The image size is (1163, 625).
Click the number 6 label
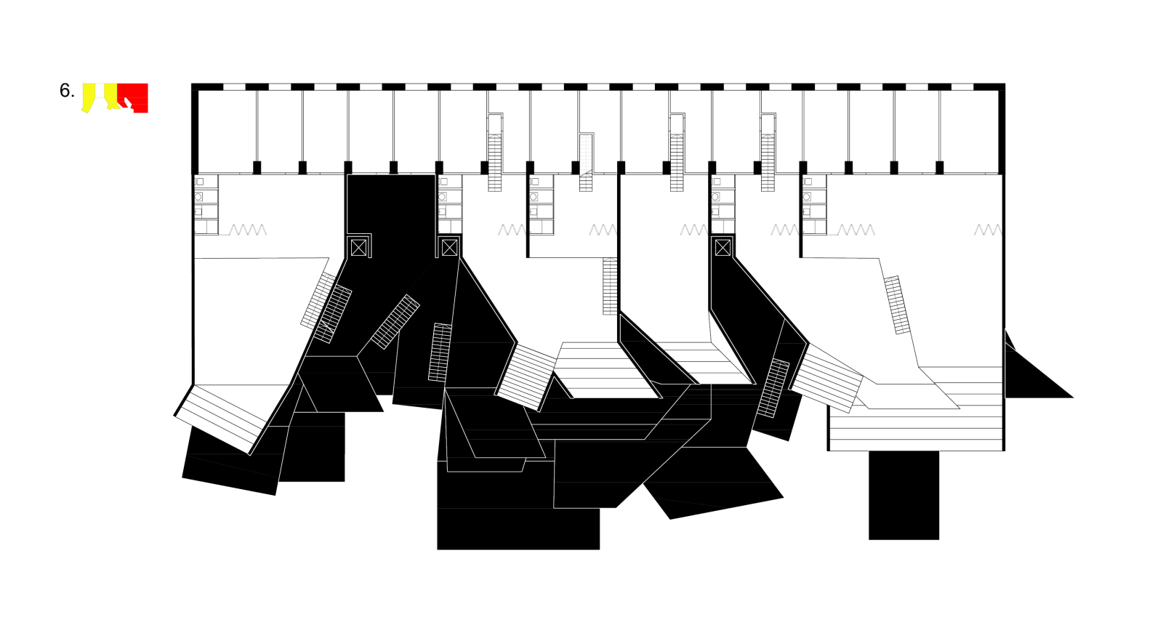pos(66,91)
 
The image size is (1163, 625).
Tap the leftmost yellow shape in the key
pos(89,97)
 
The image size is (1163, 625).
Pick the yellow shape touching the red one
pos(110,95)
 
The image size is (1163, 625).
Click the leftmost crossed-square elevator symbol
pos(358,248)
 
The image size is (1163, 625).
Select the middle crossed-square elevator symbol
pos(449,248)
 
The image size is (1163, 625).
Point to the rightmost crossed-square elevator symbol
pos(723,248)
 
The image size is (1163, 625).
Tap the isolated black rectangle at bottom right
pos(904,495)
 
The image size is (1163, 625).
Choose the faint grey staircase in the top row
pos(586,162)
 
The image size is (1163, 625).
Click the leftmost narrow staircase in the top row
pos(495,153)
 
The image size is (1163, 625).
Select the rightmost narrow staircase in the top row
pos(768,153)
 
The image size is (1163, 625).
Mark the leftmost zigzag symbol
pos(248,230)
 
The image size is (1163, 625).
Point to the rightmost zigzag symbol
pos(987,230)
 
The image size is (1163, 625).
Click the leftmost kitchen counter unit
pos(206,204)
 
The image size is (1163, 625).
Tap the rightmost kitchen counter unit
pos(814,204)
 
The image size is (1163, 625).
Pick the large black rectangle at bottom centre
pos(518,528)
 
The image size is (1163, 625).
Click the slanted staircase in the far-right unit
pos(897,305)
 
